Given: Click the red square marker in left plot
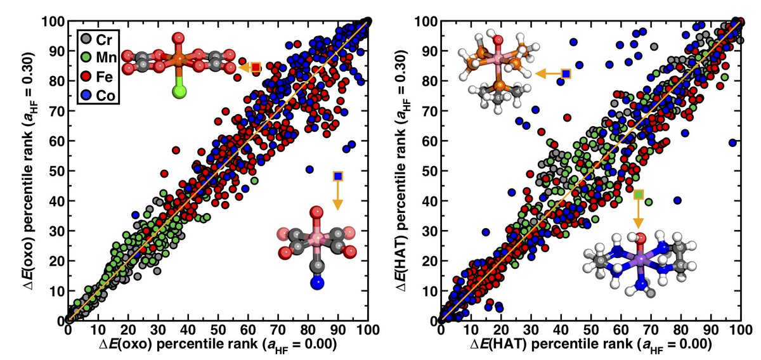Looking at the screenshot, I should [256, 67].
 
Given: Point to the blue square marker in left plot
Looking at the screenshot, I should [338, 176].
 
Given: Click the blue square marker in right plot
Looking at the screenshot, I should [566, 74].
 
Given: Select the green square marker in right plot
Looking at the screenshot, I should [639, 194].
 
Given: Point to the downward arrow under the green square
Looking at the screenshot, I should [639, 215].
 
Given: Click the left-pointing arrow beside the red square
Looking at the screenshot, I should [244, 67].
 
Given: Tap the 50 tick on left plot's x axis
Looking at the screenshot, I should [218, 330].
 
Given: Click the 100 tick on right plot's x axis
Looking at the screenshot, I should [740, 330].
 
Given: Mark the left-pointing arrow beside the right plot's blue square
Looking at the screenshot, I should [545, 74].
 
